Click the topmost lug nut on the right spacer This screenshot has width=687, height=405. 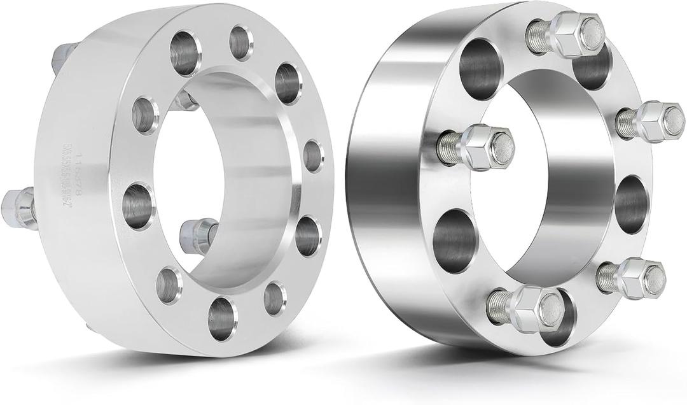[x=576, y=34]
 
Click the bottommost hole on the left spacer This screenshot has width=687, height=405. [x=222, y=318]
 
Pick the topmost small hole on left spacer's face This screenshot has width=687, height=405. [x=241, y=43]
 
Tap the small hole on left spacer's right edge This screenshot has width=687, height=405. [x=312, y=155]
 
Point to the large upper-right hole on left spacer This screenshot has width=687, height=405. [x=288, y=83]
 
